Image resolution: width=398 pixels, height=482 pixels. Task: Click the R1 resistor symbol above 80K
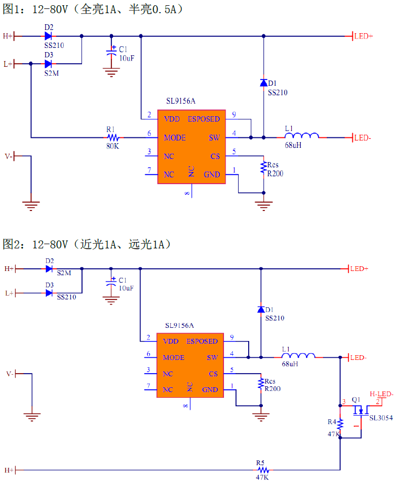pyautogui.click(x=112, y=138)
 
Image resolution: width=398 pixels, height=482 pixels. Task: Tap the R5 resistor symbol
pyautogui.click(x=262, y=469)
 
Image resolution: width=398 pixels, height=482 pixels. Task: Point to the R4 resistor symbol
pyautogui.click(x=340, y=424)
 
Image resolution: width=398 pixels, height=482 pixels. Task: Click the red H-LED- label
pyautogui.click(x=382, y=394)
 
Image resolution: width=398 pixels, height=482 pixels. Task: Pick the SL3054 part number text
pyautogui.click(x=381, y=418)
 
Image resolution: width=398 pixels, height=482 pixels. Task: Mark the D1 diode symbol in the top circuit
pyautogui.click(x=263, y=83)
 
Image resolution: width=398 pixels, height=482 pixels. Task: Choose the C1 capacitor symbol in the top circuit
pyautogui.click(x=111, y=53)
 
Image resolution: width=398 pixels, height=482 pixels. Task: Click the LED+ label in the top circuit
pyautogui.click(x=363, y=36)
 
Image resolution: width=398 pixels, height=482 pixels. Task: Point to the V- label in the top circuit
pyautogui.click(x=8, y=156)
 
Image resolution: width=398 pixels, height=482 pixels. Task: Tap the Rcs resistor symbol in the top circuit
pyautogui.click(x=263, y=168)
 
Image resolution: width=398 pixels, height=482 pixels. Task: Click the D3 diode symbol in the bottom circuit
pyautogui.click(x=49, y=293)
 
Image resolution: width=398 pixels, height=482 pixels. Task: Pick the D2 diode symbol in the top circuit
pyautogui.click(x=48, y=36)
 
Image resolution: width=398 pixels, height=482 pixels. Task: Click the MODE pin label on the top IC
pyautogui.click(x=175, y=138)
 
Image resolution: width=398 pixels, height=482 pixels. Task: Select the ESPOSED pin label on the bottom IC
pyautogui.click(x=202, y=341)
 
